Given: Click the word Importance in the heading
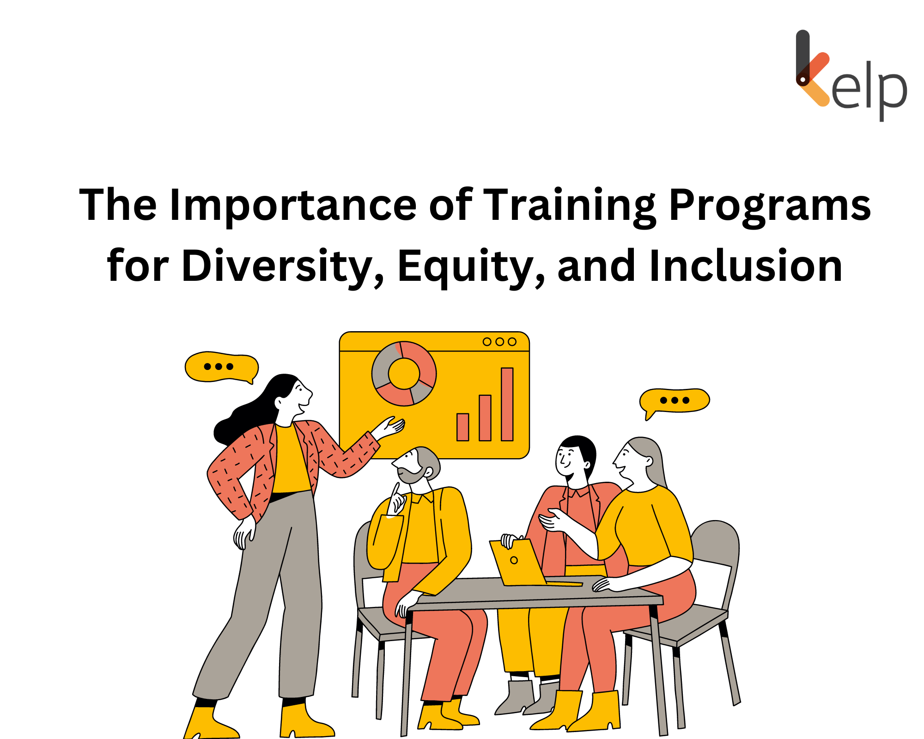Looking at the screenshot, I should click(x=293, y=206).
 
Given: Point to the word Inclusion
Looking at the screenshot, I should click(x=746, y=267).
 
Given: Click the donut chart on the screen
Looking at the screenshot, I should click(x=404, y=373).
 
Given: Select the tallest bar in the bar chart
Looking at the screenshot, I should click(x=507, y=404).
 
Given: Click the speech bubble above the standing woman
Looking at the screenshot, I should click(x=221, y=367).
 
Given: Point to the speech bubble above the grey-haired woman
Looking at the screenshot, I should click(x=675, y=400).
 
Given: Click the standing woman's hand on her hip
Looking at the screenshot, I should click(x=243, y=533).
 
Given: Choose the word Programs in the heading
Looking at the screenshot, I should click(x=769, y=206).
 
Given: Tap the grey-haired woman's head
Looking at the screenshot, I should click(x=640, y=460).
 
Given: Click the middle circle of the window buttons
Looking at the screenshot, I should click(x=499, y=342).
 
